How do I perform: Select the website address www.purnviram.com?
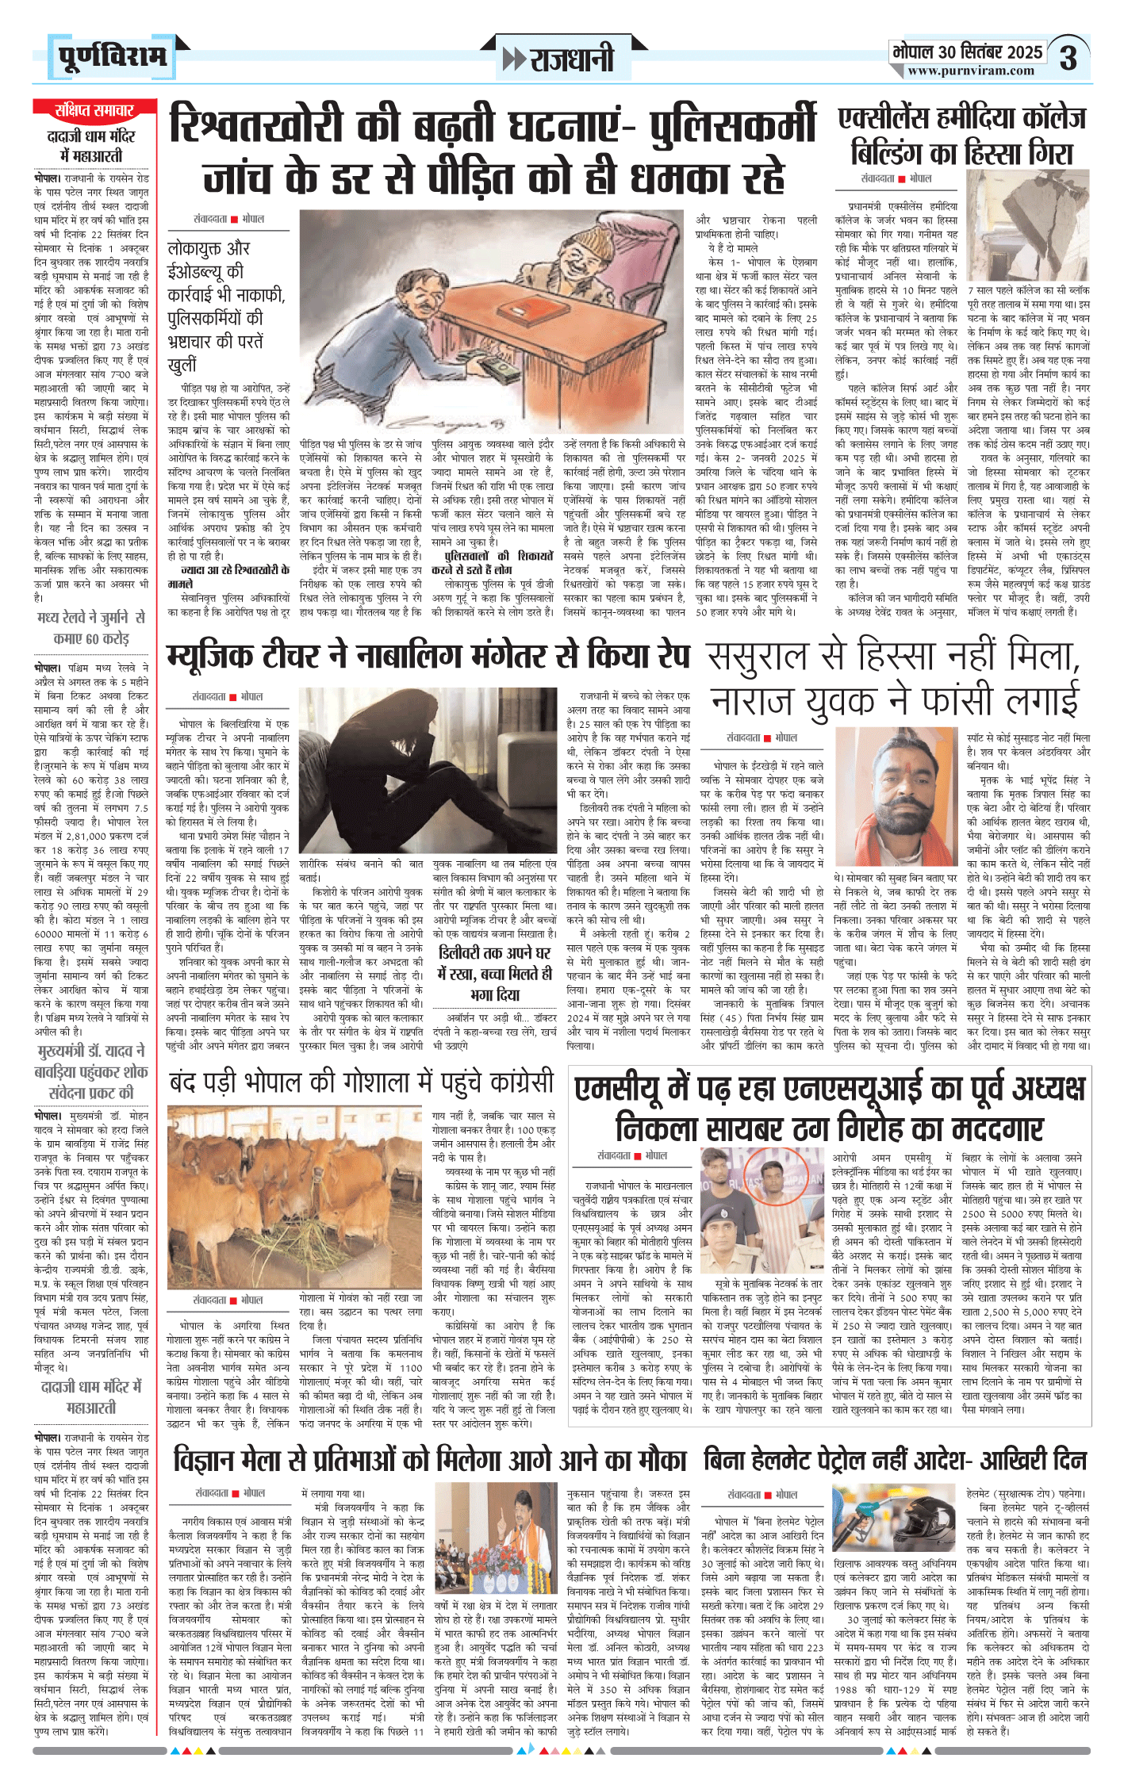(971, 71)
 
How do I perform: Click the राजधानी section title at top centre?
(559, 59)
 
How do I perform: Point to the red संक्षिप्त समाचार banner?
(94, 110)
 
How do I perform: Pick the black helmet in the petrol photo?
(927, 1524)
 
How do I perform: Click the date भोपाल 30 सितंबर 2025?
(967, 52)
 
